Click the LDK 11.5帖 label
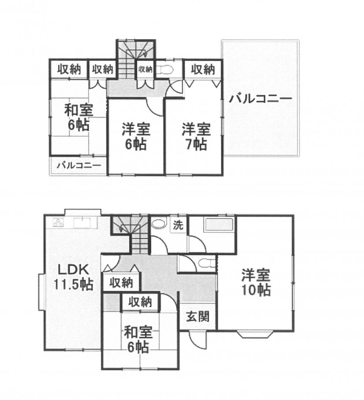click(73, 277)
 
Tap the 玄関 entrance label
click(198, 316)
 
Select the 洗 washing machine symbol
click(178, 225)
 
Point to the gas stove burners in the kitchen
click(58, 223)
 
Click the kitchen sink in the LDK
click(82, 222)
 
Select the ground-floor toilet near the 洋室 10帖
click(206, 263)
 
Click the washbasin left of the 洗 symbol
click(159, 223)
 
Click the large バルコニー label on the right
click(260, 99)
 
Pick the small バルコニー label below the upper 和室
click(79, 166)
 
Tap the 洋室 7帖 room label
click(196, 137)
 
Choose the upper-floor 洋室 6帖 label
click(136, 137)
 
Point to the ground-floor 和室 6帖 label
click(138, 339)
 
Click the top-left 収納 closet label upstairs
click(69, 69)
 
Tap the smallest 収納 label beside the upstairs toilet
click(145, 69)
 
